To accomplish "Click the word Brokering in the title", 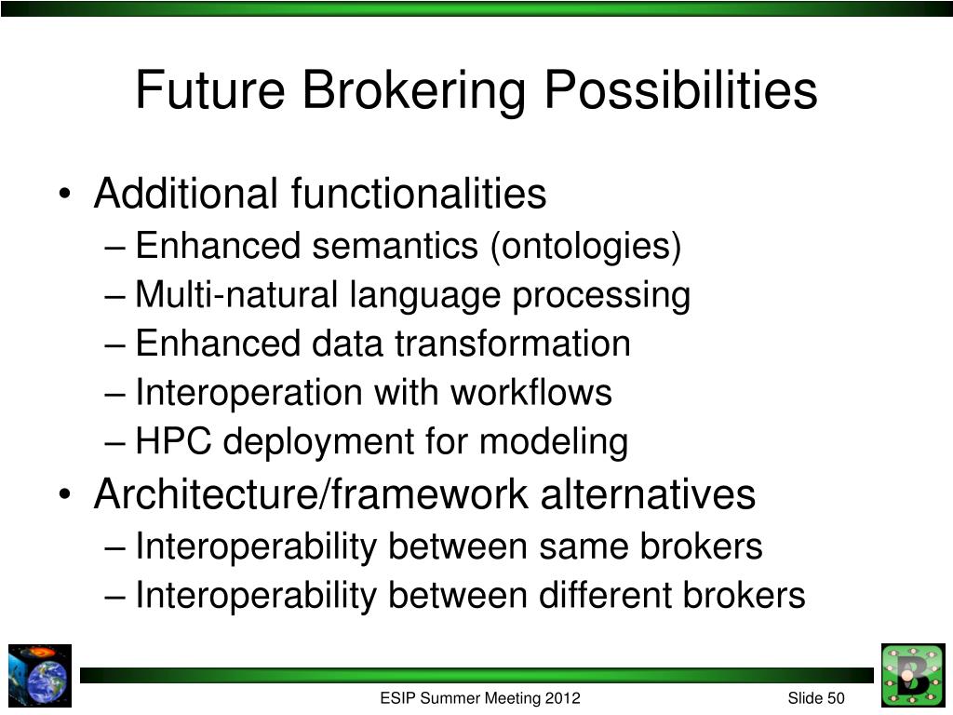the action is [413, 91].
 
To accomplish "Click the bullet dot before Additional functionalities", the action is [65, 194].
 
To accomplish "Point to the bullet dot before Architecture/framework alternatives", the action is [65, 494].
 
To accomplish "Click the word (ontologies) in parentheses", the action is [586, 247].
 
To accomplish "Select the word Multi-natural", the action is [236, 294].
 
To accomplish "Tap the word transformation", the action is [513, 343].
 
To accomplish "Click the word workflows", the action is [530, 392].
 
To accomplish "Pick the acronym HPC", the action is [173, 440].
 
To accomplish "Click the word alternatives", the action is [648, 493].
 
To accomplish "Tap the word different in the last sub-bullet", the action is [605, 595].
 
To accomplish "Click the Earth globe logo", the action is [40, 676].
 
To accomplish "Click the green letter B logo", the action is [913, 675].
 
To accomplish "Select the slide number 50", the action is [835, 698].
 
